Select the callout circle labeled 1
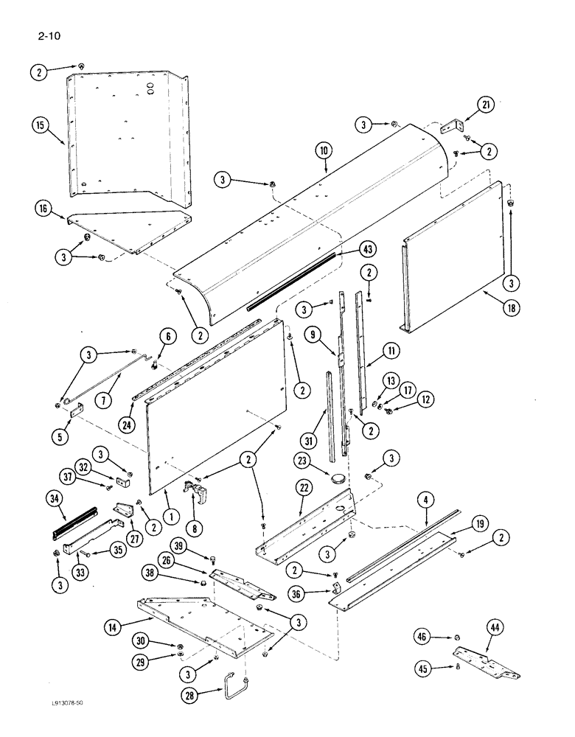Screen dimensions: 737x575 [x=170, y=517]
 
